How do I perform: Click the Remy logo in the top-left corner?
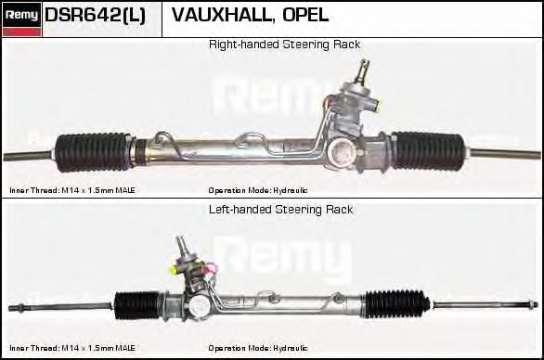(21, 19)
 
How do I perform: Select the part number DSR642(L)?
(96, 15)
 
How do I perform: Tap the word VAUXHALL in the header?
(222, 15)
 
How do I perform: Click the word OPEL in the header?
(305, 15)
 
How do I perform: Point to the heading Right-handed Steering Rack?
(284, 45)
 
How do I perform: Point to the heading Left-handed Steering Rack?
(280, 210)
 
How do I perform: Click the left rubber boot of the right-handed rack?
(93, 152)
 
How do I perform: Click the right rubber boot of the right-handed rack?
(427, 150)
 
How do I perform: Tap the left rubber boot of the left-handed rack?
(136, 305)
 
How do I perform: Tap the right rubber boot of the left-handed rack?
(397, 304)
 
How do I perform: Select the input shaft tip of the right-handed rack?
(364, 66)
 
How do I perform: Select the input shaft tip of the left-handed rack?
(180, 241)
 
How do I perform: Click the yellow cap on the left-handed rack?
(173, 269)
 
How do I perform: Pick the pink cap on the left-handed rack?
(212, 269)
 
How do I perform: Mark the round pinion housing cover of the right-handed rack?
(343, 151)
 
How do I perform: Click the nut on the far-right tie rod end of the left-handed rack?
(530, 304)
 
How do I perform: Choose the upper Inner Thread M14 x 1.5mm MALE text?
(72, 190)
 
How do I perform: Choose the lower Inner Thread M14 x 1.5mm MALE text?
(72, 348)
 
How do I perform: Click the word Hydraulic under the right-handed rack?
(291, 190)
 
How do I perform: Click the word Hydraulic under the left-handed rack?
(291, 348)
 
